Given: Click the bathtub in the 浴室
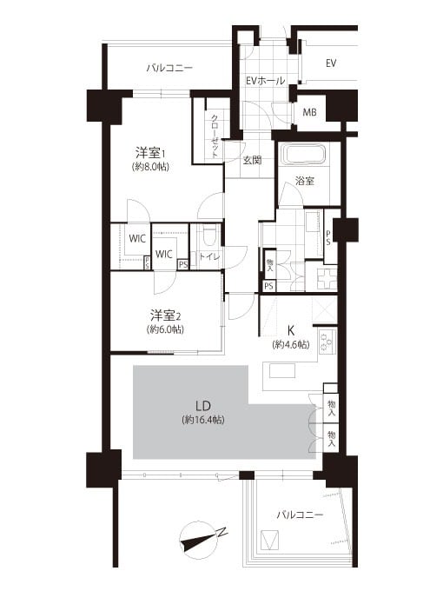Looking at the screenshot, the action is (305, 156).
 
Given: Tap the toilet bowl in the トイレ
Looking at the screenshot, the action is (208, 236).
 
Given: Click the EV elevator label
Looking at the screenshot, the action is (331, 63).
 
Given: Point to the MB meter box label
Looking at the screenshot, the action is (309, 112).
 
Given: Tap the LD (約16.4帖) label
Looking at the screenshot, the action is (203, 412).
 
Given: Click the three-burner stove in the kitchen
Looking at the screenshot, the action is (327, 342).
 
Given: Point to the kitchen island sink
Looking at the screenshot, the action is (282, 370).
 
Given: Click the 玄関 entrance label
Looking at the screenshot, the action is (252, 160).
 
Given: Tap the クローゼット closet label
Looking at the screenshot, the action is (215, 136).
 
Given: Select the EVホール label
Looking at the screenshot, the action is (266, 80).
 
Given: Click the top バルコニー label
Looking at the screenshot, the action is (169, 68).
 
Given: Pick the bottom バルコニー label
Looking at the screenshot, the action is (300, 515).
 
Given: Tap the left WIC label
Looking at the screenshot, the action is (137, 239).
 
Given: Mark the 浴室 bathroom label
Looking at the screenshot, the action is (304, 181).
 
